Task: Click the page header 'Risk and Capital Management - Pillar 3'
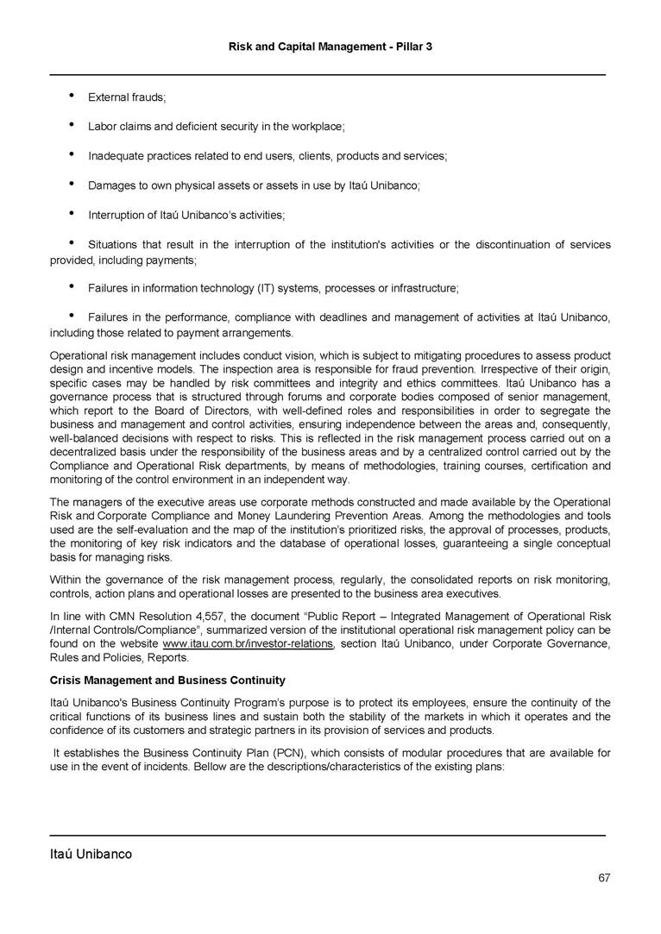[x=330, y=45]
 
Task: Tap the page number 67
[x=604, y=878]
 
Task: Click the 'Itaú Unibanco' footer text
[x=91, y=855]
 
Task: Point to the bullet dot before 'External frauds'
[x=69, y=96]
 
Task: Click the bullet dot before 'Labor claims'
[x=69, y=126]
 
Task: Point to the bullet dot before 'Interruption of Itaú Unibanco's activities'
[x=69, y=215]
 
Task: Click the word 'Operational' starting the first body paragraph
[x=79, y=355]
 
